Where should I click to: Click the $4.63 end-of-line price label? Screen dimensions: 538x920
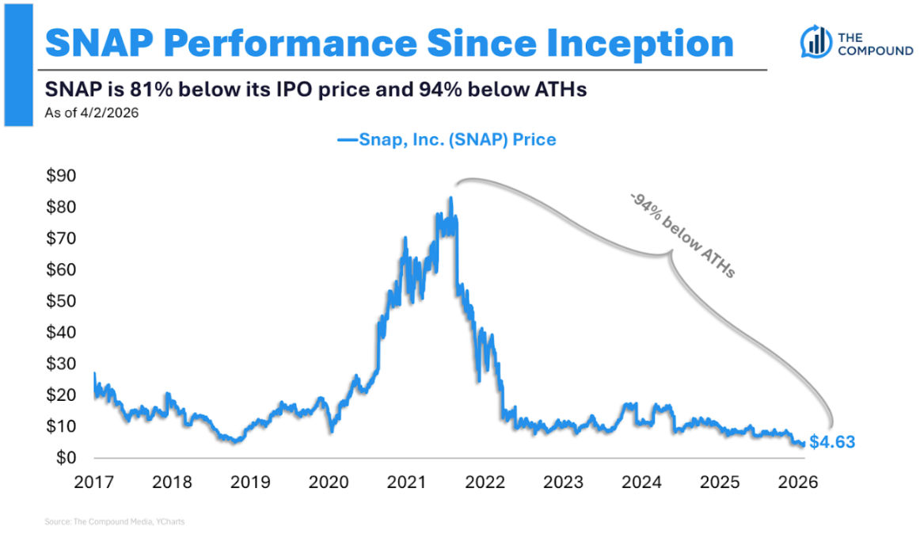click(832, 442)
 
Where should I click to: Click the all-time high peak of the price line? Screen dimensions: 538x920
click(450, 198)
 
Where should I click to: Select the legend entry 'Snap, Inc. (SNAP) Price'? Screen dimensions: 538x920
click(447, 140)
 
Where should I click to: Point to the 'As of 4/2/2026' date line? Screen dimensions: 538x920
click(93, 113)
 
